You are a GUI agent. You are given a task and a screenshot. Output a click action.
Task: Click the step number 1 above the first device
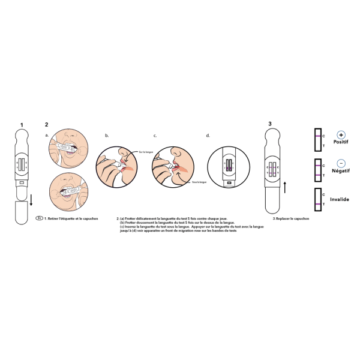coord(22,125)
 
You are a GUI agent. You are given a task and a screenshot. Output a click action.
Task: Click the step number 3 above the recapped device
coord(270,124)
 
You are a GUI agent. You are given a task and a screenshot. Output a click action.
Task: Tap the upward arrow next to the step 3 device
coord(285,187)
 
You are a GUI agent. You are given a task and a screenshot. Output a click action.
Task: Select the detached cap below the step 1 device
coord(22,213)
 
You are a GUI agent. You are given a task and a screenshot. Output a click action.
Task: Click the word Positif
coord(341,142)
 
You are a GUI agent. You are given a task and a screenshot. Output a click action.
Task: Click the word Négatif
coord(341,170)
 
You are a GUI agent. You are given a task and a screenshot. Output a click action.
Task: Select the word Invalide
coord(340,199)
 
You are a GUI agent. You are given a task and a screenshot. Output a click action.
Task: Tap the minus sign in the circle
coord(341,163)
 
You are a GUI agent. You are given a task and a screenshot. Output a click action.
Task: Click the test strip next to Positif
coord(317,140)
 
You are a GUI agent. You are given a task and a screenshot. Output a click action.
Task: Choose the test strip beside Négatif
coord(317,170)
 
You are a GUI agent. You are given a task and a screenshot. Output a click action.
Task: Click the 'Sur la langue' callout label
coord(146,152)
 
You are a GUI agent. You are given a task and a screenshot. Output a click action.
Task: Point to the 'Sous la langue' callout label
coord(199,181)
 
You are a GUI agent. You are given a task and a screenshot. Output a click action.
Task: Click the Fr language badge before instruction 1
coord(39,218)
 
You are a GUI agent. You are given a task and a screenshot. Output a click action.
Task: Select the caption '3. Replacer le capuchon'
coord(291,219)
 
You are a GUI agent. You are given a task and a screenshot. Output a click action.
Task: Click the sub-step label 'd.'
coord(208,136)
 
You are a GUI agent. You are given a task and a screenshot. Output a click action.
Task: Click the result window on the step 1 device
coord(22,164)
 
